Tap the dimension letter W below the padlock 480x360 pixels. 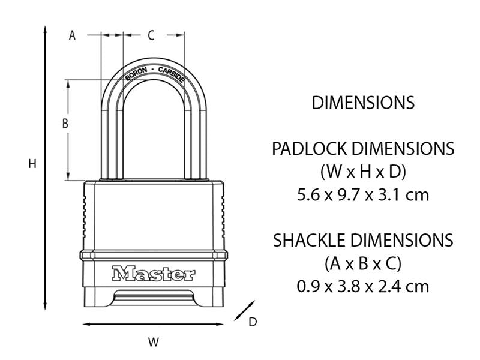pos(154,343)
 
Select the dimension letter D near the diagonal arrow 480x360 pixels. pos(253,322)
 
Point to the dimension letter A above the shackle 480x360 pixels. pos(73,35)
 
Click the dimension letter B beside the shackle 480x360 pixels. pos(66,124)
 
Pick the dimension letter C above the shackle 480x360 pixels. pos(151,35)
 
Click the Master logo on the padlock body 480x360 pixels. pos(153,274)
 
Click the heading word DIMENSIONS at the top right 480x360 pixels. pos(363,103)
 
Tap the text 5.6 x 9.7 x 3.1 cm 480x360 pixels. pos(363,196)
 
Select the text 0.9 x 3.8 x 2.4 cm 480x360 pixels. pos(363,286)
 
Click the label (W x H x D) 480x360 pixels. pos(363,172)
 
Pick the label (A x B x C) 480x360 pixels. pos(363,263)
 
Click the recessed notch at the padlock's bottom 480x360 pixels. pos(154,296)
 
